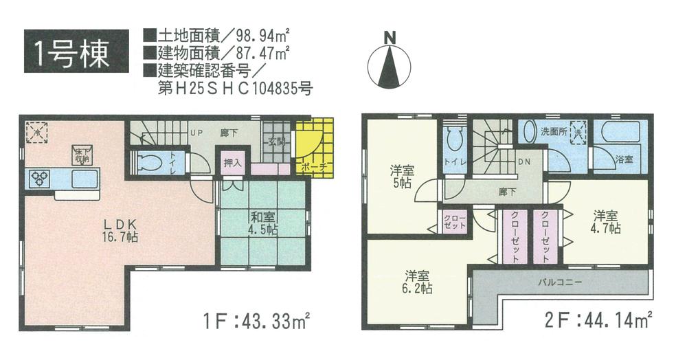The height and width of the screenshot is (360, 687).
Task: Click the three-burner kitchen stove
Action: (x=40, y=178)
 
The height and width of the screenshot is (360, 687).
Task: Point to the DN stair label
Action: (x=523, y=164)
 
